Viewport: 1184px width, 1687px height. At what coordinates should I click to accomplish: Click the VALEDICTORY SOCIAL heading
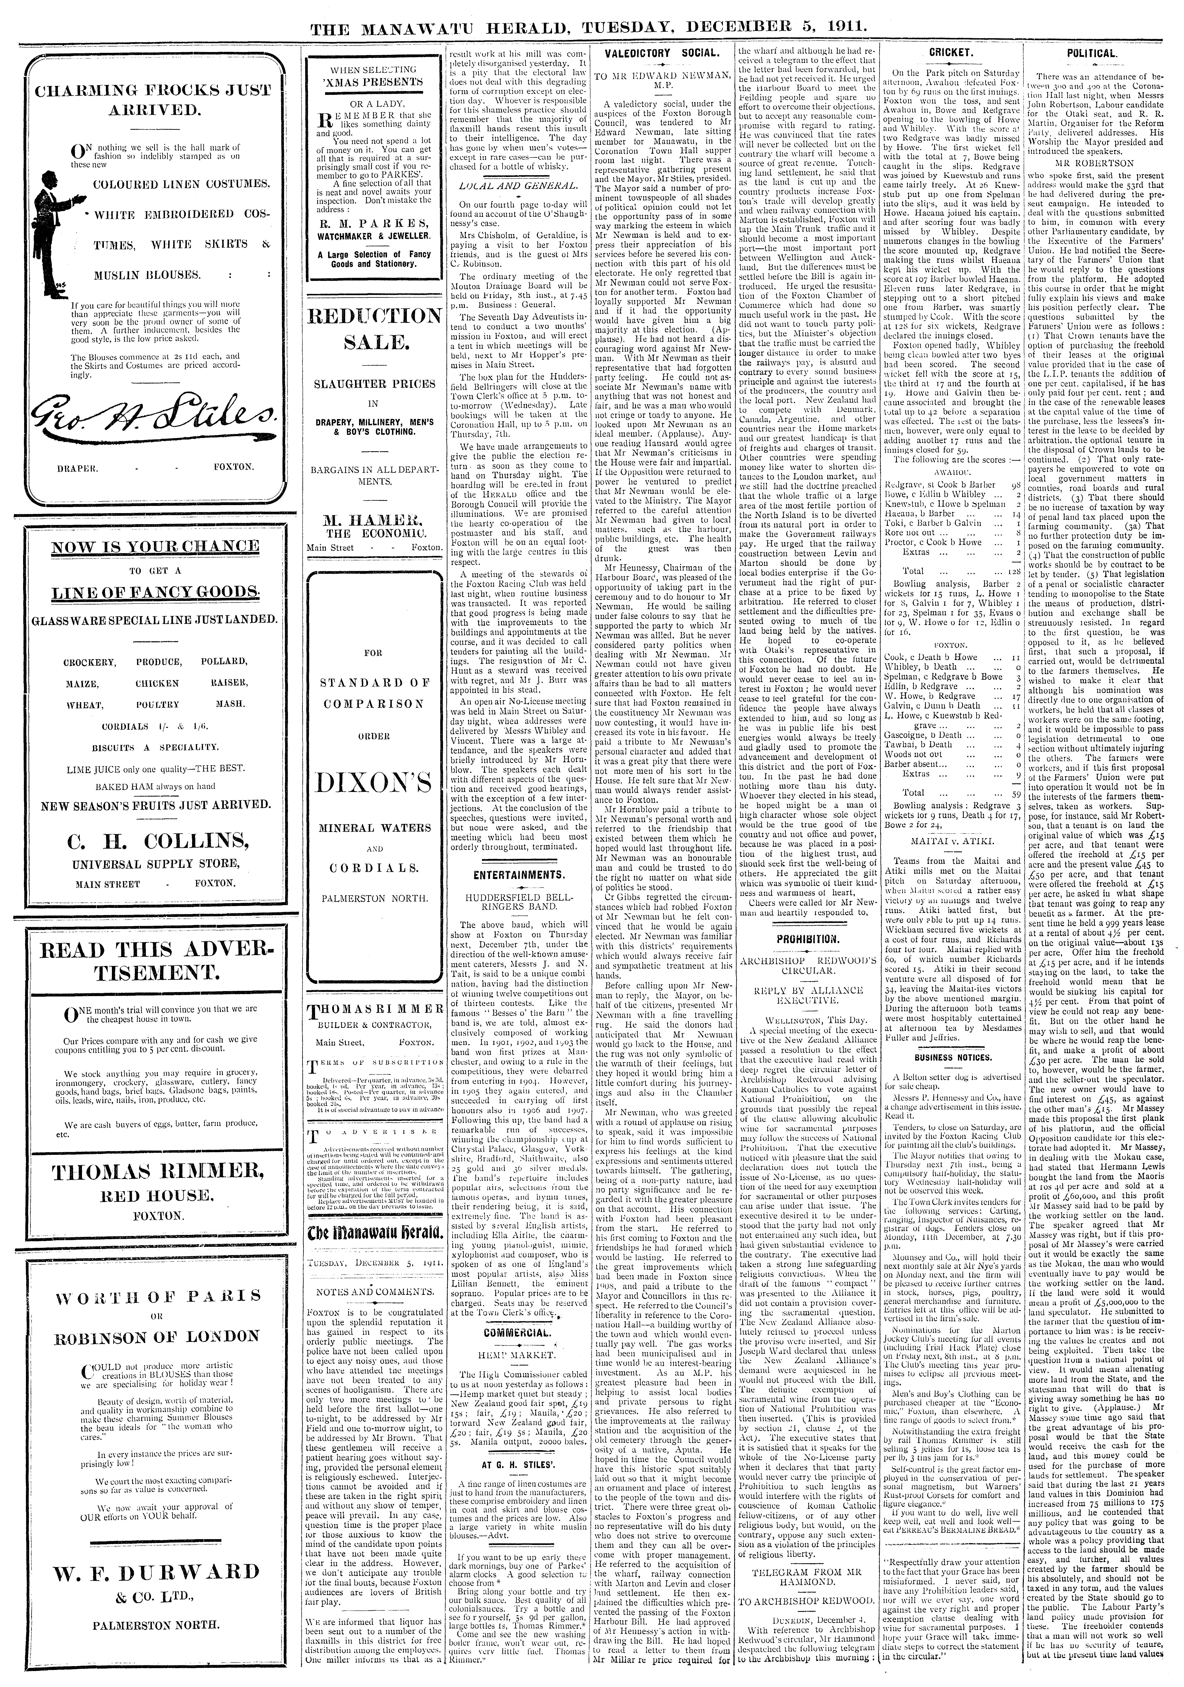pyautogui.click(x=660, y=54)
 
